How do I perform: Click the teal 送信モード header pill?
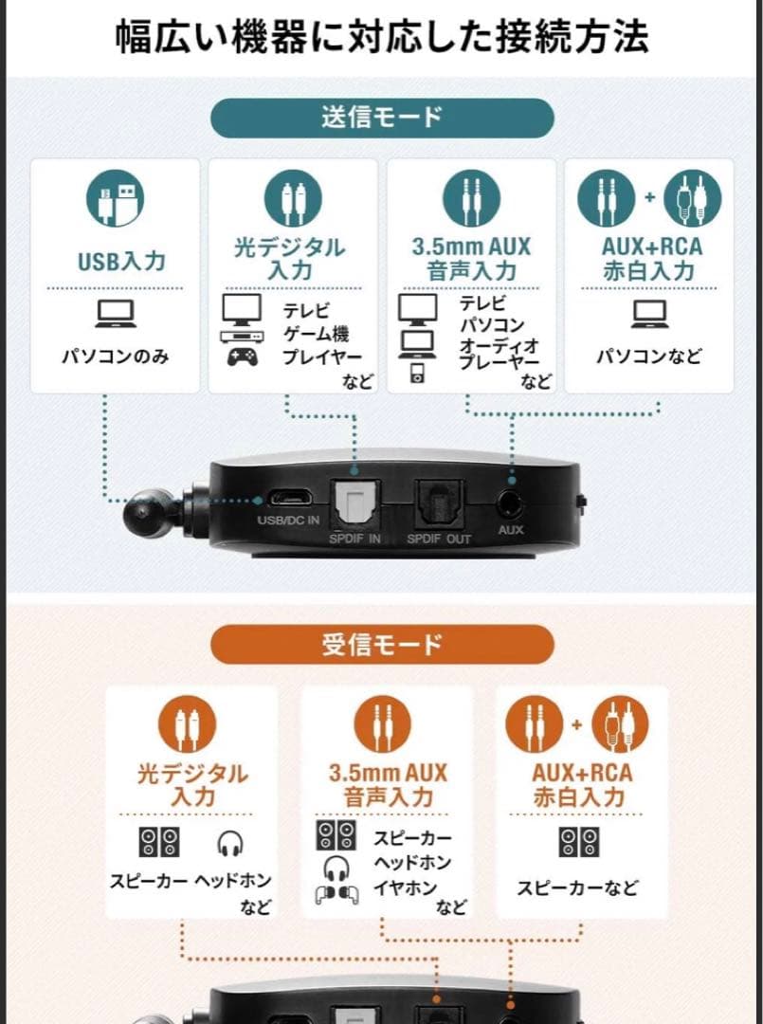click(381, 118)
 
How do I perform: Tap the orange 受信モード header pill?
click(381, 645)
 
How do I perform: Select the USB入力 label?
click(116, 259)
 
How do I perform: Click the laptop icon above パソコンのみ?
click(116, 314)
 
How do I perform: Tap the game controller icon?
click(240, 357)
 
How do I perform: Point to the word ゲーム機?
click(315, 334)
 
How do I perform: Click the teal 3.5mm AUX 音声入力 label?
click(471, 259)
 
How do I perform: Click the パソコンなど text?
click(649, 357)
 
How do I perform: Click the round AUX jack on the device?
click(511, 500)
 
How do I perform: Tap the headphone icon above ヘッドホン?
click(229, 843)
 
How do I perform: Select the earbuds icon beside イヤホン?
click(336, 894)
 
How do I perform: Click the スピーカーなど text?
click(577, 887)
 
